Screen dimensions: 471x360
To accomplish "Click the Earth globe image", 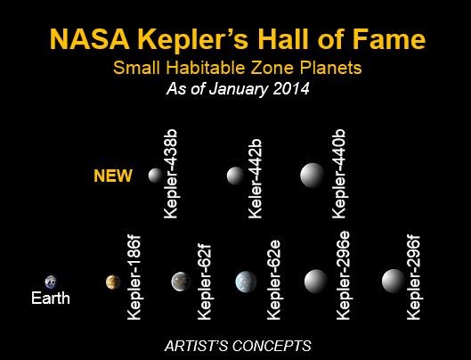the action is (51, 282).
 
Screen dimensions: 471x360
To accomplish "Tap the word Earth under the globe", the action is (51, 298).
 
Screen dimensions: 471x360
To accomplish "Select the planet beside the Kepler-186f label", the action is (113, 282).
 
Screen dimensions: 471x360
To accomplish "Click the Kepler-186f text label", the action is (134, 277).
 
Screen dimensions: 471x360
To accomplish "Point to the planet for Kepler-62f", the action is (181, 282).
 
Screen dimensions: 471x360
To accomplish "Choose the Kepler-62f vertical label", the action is (204, 282).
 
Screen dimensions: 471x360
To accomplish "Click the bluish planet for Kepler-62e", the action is (246, 282).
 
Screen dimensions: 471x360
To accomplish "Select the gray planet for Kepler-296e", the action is (316, 282).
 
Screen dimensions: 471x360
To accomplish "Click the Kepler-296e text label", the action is (343, 275).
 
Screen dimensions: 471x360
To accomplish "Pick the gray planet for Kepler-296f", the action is (394, 281).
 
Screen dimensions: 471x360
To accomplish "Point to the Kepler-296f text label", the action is (413, 278).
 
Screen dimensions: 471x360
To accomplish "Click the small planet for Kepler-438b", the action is (155, 176).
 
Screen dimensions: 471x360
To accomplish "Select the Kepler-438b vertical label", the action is (171, 174).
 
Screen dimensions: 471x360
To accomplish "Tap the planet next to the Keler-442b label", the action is (235, 176).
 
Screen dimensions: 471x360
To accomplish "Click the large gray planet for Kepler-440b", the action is (313, 176).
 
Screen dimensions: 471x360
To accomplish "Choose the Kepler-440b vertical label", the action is (339, 174).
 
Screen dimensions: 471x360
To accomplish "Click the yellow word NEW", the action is (113, 176).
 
